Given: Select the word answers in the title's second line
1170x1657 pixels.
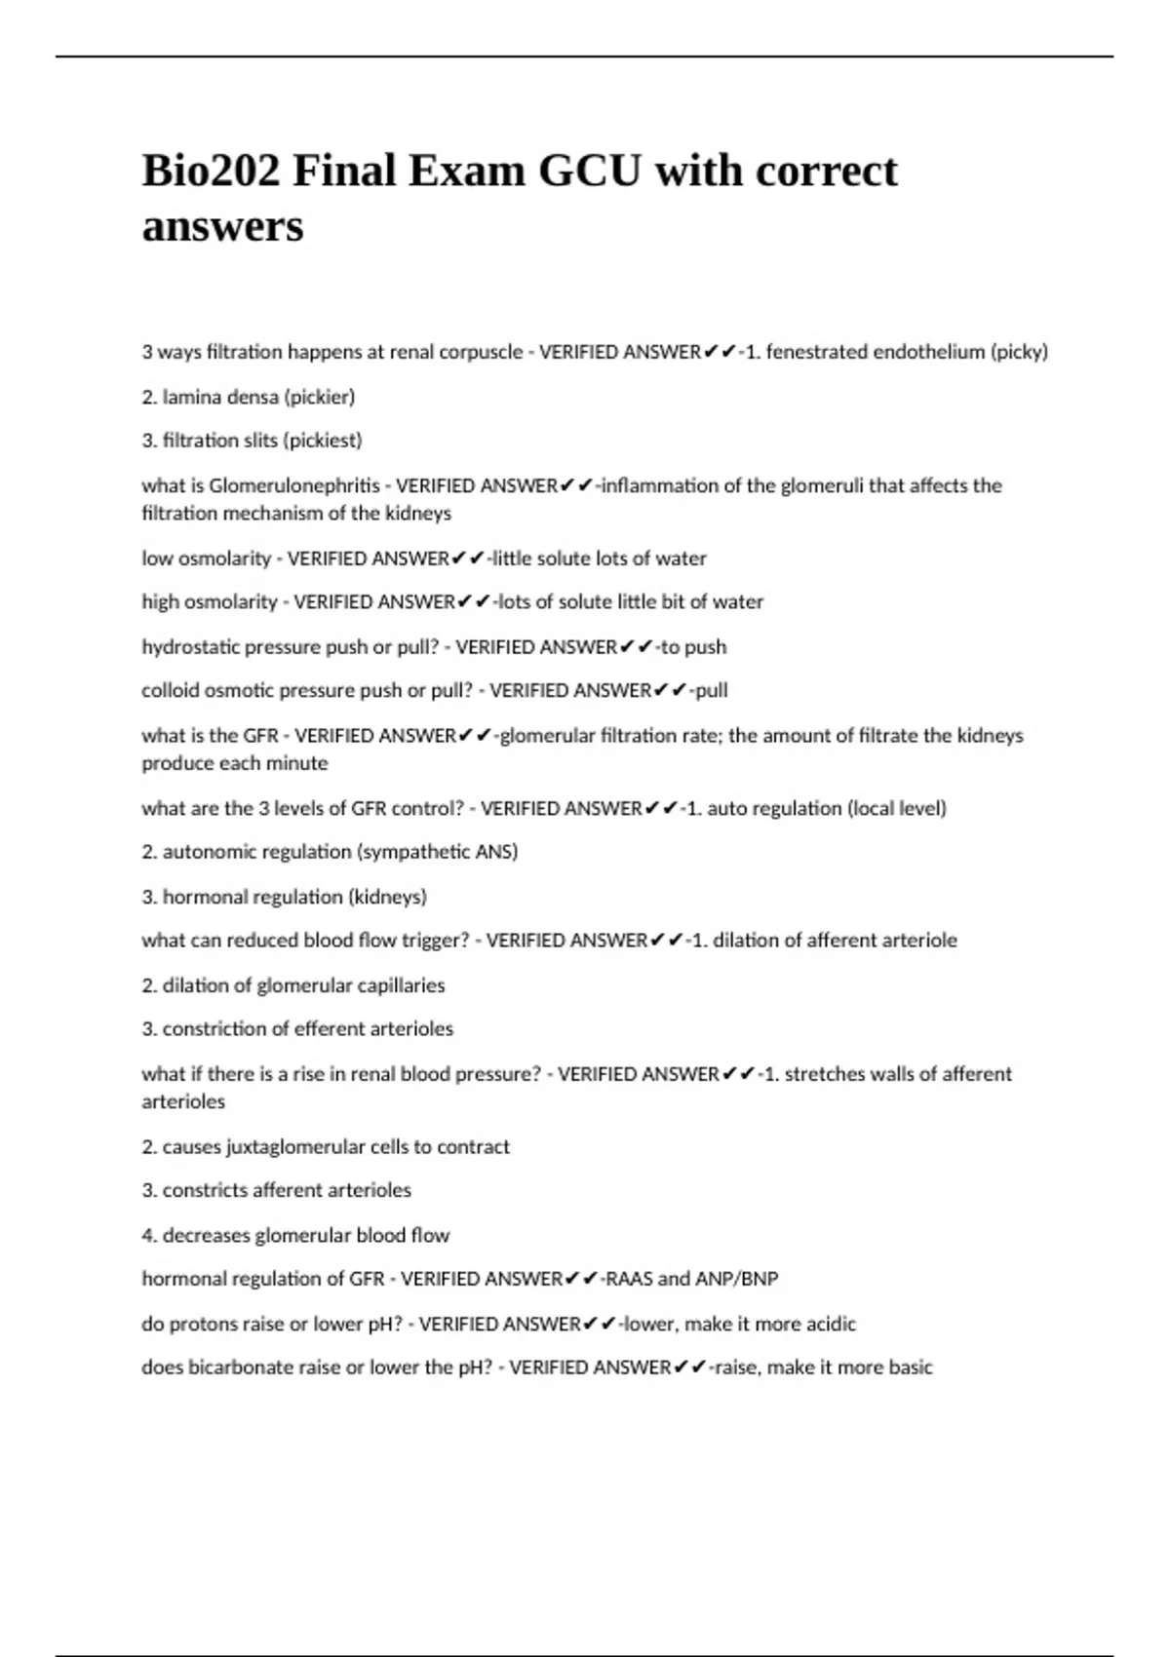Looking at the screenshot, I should click(222, 226).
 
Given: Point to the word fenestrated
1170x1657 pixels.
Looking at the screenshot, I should click(816, 352).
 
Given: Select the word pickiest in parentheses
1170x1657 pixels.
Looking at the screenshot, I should click(323, 441).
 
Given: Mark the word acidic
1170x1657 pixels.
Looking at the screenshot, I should click(830, 1324).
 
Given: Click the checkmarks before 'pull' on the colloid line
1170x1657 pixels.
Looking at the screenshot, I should click(670, 690).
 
